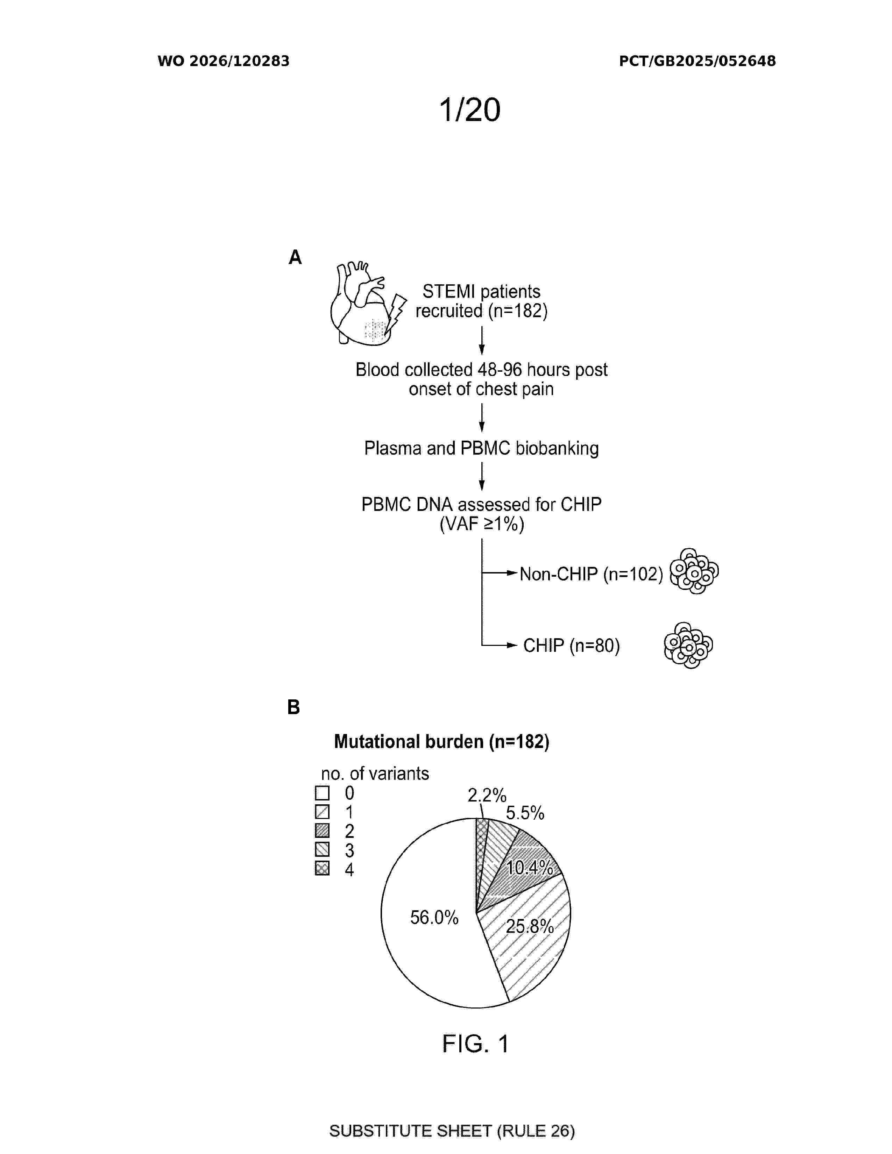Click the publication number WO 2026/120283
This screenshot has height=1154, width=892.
tap(224, 61)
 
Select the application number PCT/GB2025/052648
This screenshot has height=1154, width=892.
tap(697, 61)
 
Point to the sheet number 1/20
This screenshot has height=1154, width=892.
tap(470, 110)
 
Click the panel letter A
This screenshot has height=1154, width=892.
tap(295, 257)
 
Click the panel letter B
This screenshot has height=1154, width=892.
tap(293, 707)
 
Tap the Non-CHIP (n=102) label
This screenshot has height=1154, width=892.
tap(591, 574)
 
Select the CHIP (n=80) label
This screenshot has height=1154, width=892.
tap(571, 645)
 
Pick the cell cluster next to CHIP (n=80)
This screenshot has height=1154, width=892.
tap(688, 645)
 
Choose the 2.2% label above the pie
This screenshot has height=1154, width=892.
tap(487, 795)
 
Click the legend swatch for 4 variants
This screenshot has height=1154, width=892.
tap(322, 868)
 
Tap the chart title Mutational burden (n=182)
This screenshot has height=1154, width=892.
tap(442, 742)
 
